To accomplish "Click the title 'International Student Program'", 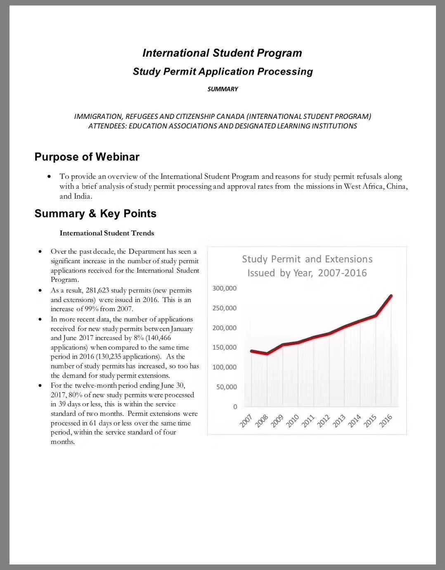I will pyautogui.click(x=222, y=53).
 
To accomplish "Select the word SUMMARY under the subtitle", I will pyautogui.click(x=222, y=89).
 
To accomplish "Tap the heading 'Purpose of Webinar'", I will pyautogui.click(x=87, y=157).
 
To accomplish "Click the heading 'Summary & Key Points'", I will pyautogui.click(x=95, y=214).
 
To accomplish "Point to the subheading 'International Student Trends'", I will pyautogui.click(x=107, y=233).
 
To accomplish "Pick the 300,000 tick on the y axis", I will pyautogui.click(x=225, y=288).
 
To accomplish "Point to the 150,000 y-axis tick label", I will pyautogui.click(x=225, y=347).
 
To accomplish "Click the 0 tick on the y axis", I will pyautogui.click(x=235, y=407).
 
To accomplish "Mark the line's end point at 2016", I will pyautogui.click(x=391, y=296).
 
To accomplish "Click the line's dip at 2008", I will pyautogui.click(x=267, y=354).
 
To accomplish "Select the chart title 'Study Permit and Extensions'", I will pyautogui.click(x=307, y=259).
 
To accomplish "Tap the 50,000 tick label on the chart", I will pyautogui.click(x=227, y=387).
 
